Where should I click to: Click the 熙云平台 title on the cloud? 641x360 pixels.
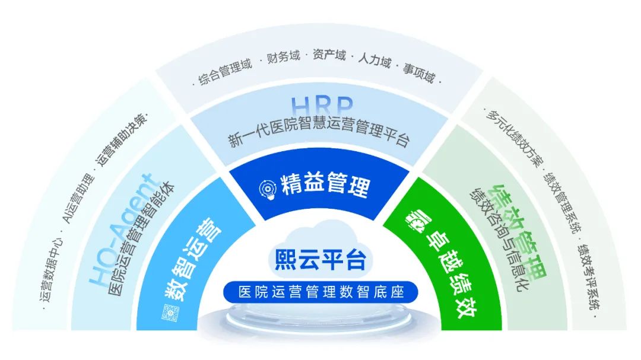(x=320, y=260)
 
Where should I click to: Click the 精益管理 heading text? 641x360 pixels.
(x=326, y=184)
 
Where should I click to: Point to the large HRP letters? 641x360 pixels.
(x=322, y=106)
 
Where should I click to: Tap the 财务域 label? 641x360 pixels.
(x=284, y=57)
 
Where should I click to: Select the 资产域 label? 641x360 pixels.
(x=329, y=55)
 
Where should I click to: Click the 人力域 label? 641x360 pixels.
(x=375, y=60)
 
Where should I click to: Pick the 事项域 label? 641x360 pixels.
(x=418, y=72)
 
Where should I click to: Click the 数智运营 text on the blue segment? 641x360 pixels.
(x=192, y=260)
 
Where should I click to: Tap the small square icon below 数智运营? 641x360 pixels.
(x=170, y=313)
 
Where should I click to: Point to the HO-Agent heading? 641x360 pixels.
(x=120, y=229)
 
